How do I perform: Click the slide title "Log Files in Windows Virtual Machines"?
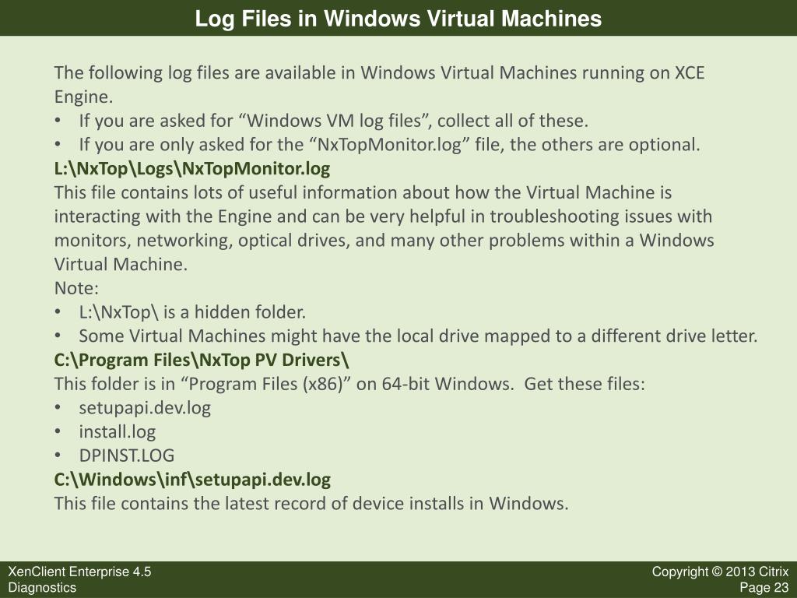pos(398,19)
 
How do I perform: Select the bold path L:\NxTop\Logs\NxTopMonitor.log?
pos(192,168)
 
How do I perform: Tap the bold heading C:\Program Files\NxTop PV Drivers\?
pos(202,360)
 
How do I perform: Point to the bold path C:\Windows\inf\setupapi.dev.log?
pos(192,480)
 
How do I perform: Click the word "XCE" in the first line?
pos(690,72)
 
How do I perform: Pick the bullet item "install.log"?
pos(118,431)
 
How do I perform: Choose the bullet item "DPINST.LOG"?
pos(127,456)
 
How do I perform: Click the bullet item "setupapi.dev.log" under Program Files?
pos(145,408)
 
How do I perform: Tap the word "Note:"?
pos(76,288)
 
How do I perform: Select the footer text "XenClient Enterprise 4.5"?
pos(80,572)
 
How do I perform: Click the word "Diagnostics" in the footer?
pos(42,587)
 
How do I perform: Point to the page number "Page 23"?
pos(764,587)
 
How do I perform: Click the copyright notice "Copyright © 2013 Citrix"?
pos(720,572)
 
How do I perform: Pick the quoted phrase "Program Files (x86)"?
pos(266,384)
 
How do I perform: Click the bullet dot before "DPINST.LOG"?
pos(58,456)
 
